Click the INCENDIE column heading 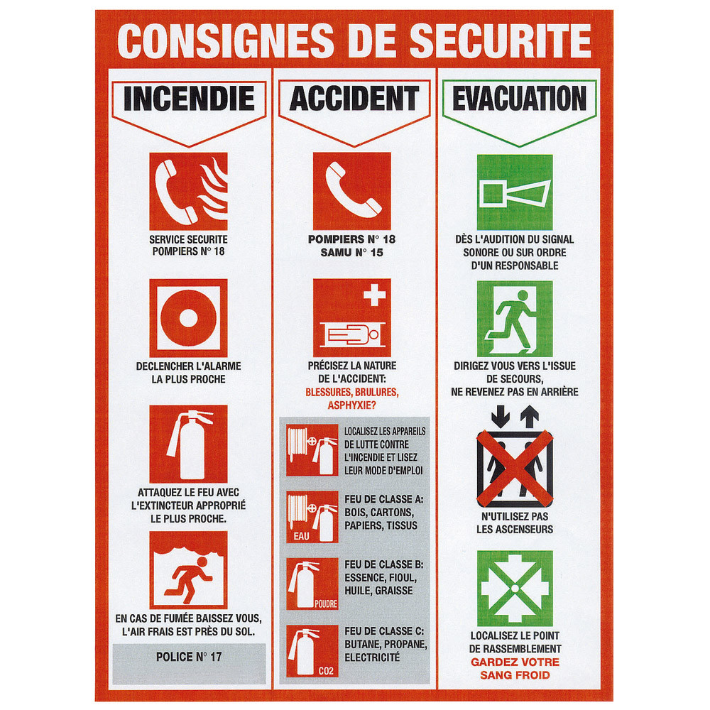[189, 99]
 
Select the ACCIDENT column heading [354, 99]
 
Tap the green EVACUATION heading [519, 99]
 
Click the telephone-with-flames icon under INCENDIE [188, 191]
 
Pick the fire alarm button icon [188, 317]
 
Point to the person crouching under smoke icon [188, 570]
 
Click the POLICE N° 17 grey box [189, 657]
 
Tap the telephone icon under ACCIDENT [352, 191]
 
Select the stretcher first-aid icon [352, 317]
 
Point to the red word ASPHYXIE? [352, 405]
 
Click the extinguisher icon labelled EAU [312, 518]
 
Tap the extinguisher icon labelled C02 [312, 651]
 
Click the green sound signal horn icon [515, 191]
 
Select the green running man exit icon [515, 317]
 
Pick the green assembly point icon [515, 588]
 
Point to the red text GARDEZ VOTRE [515, 662]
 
